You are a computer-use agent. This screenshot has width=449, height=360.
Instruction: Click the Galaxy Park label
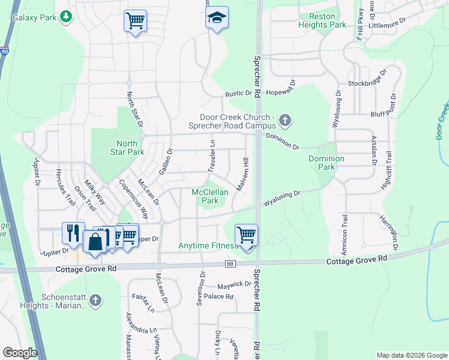(x=34, y=17)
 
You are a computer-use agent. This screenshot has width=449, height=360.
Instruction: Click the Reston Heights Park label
(x=327, y=21)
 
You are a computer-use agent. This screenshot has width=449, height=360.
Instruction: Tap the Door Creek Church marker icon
(x=285, y=121)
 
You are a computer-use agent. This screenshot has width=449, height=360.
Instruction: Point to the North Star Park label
(x=127, y=148)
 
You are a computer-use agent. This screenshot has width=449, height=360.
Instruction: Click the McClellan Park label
(x=205, y=196)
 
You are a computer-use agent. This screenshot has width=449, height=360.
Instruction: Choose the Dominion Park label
(x=327, y=163)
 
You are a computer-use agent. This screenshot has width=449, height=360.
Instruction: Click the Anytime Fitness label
(x=207, y=245)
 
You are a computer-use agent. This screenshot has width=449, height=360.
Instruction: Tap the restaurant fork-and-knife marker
(x=73, y=233)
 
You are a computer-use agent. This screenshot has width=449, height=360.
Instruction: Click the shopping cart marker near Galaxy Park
(x=135, y=21)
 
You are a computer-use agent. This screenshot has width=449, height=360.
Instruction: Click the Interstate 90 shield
(x=5, y=53)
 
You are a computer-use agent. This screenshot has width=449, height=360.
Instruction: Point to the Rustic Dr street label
(x=238, y=94)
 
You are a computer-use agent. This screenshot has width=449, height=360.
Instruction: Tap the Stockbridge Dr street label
(x=365, y=83)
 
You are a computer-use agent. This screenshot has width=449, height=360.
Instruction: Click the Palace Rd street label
(x=218, y=296)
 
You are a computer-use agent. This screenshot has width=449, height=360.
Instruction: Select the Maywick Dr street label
(x=234, y=284)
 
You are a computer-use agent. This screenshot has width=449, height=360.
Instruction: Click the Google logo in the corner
(x=20, y=353)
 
